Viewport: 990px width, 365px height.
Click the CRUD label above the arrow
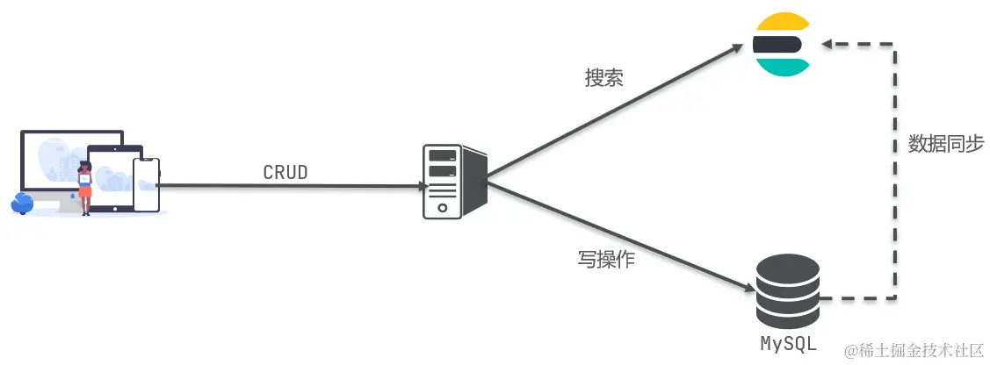pos(285,172)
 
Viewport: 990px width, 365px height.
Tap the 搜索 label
pos(604,77)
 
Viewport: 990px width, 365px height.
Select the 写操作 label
pos(606,260)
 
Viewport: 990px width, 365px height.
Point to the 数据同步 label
pos(945,145)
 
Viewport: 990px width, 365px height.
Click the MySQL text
pos(788,341)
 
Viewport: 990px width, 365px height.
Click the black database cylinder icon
pos(787,290)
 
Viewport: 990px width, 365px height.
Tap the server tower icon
pos(450,182)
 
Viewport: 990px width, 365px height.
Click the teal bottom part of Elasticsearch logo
pos(781,67)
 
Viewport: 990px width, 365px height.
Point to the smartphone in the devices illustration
pos(146,185)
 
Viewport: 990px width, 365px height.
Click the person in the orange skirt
pos(85,186)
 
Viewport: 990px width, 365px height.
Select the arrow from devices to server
pos(290,185)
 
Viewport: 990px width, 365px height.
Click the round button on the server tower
pos(442,209)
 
